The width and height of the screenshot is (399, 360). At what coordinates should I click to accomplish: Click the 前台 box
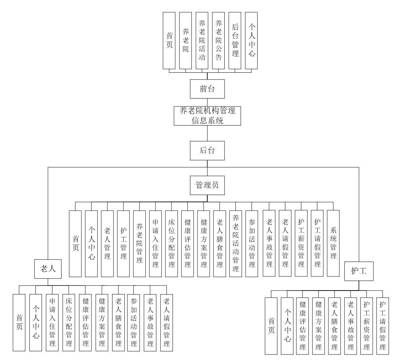pos(207,89)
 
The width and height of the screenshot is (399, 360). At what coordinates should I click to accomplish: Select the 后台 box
pos(207,151)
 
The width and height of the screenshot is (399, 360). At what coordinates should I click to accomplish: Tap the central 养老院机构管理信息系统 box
pos(207,115)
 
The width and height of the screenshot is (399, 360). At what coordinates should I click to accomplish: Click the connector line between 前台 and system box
pos(207,102)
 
